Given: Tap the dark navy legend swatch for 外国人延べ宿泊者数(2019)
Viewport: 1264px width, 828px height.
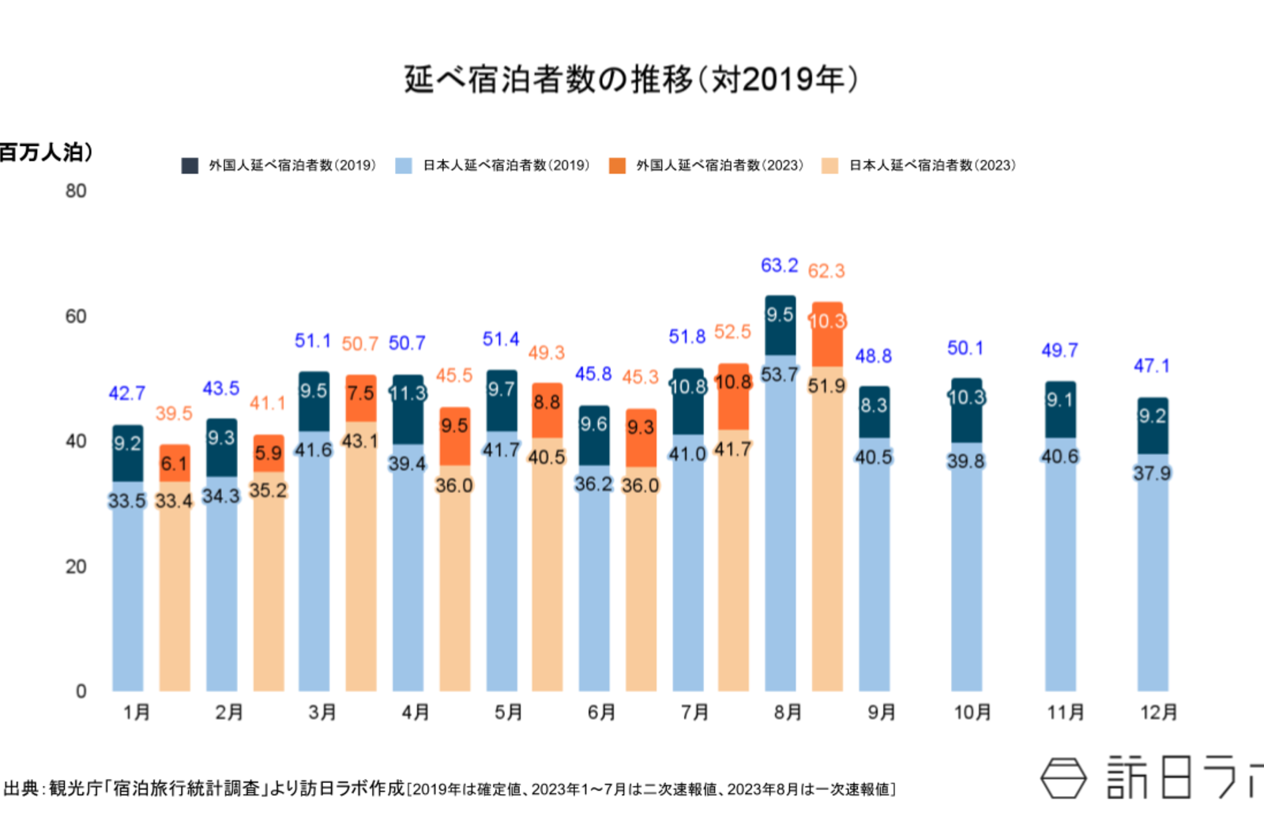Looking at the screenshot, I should [190, 165].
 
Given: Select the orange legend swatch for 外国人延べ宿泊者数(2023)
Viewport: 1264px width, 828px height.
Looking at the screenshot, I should [617, 165].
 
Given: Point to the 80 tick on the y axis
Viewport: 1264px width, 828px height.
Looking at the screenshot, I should [76, 191].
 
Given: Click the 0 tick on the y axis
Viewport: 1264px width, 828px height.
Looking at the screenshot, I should [81, 691].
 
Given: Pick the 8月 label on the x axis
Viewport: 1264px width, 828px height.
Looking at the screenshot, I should [788, 713].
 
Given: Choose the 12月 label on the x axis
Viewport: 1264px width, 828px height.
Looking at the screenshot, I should [1158, 713].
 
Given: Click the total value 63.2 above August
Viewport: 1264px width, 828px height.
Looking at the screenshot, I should [779, 265].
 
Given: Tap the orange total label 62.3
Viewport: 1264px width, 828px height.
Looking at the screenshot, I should [826, 271].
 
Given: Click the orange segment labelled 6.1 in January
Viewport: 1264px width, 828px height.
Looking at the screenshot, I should [174, 464].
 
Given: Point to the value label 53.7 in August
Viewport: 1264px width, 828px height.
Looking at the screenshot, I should [780, 374].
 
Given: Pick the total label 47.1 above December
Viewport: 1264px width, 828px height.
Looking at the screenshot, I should [1152, 366].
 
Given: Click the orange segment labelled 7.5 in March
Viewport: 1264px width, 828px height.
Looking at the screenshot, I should [361, 393].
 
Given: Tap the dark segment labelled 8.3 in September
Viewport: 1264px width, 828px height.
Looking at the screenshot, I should [874, 406].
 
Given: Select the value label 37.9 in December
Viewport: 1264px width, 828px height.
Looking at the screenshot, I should [1152, 473].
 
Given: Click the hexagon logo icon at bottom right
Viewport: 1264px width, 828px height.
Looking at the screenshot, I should [1063, 778].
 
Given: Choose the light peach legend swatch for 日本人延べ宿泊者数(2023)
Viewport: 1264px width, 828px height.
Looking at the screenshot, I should [829, 165].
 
